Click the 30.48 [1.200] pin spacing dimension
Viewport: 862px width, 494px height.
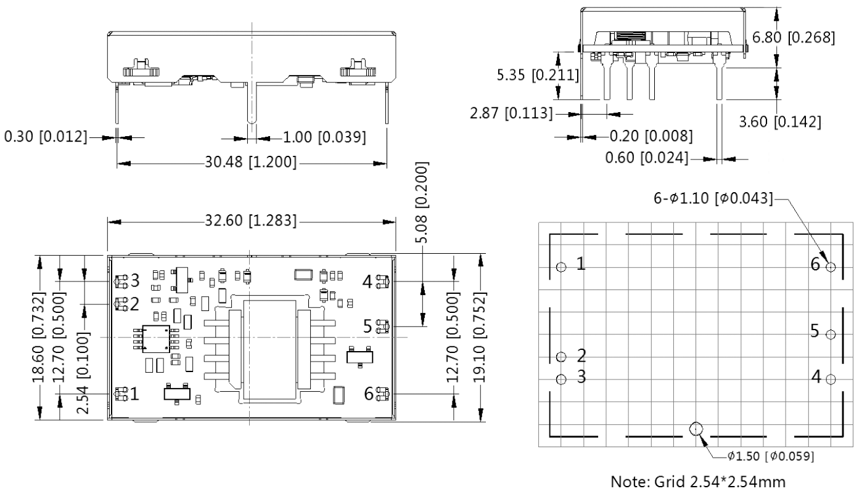point(250,162)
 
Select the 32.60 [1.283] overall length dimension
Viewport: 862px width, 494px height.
point(250,221)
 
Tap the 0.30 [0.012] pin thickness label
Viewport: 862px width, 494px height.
point(46,137)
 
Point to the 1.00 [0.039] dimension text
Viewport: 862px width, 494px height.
point(324,137)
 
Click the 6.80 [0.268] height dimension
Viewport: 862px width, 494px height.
point(794,38)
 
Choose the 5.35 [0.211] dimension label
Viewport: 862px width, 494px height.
point(538,75)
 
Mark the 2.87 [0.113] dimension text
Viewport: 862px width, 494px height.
point(511,113)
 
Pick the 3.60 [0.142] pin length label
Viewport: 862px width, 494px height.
point(780,122)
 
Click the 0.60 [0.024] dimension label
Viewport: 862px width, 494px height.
point(646,158)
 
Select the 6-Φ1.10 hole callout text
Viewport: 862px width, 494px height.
point(713,198)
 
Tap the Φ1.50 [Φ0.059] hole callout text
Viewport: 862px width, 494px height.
point(770,456)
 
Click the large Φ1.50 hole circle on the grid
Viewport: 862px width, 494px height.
point(696,429)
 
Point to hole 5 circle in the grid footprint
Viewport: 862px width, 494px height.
point(831,334)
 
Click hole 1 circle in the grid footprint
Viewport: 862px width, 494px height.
point(562,267)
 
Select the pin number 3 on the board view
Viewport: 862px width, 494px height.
point(134,281)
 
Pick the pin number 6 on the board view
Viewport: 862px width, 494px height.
point(369,394)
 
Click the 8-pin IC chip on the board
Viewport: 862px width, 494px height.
point(156,339)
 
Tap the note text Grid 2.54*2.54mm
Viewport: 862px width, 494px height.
point(698,482)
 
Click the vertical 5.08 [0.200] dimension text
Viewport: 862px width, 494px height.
point(422,203)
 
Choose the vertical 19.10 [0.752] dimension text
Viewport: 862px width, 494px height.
point(480,338)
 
